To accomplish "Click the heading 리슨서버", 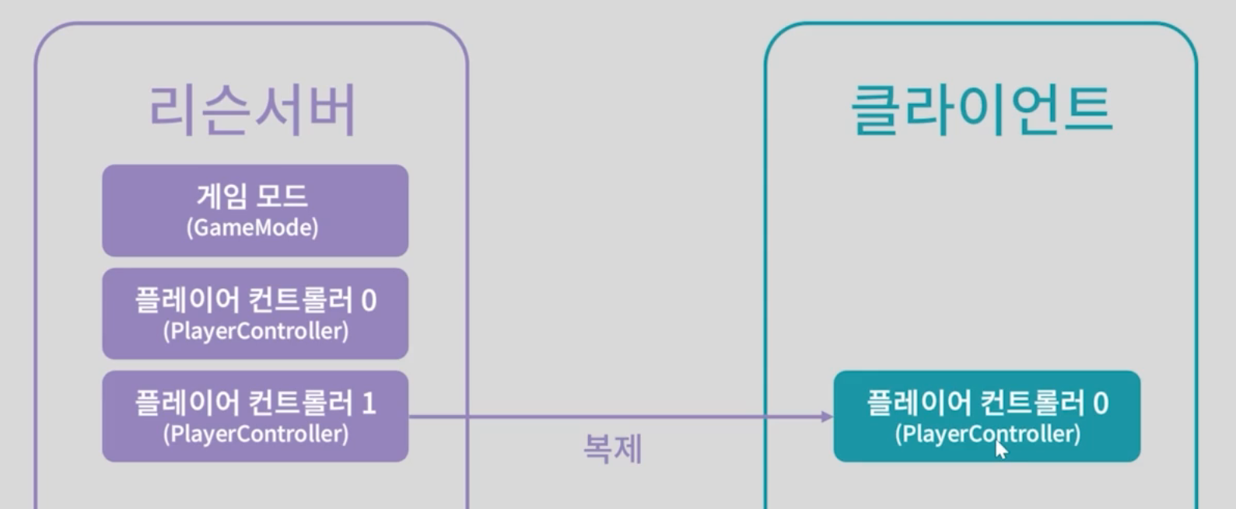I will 253,110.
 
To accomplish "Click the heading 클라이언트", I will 982,110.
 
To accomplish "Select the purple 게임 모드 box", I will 255,210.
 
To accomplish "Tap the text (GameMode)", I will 252,228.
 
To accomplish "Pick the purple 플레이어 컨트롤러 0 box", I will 255,313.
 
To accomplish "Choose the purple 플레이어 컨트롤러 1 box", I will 255,416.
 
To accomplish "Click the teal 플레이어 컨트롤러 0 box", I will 986,416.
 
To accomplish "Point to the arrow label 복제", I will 612,449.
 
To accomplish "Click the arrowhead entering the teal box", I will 827,417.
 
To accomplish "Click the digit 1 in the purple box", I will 369,403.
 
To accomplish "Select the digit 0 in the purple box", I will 369,301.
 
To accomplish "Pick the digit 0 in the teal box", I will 1100,403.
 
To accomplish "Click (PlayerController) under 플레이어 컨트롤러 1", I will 255,434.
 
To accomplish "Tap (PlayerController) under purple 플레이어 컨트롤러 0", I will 255,331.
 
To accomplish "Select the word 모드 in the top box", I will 283,196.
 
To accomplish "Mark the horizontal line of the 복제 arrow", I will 614,417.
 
